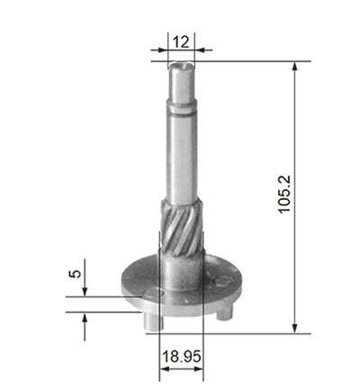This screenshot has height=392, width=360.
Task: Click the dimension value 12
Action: click(181, 42)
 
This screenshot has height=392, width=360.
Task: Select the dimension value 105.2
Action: click(284, 195)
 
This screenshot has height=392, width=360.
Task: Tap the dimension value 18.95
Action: click(182, 357)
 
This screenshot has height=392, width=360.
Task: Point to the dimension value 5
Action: click(76, 274)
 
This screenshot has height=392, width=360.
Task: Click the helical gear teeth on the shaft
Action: click(181, 228)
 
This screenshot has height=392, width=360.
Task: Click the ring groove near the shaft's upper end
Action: click(182, 113)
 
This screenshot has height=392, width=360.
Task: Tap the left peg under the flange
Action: click(151, 321)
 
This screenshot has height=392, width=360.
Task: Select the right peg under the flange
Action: click(225, 313)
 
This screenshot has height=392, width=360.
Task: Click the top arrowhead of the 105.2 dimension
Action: click(295, 67)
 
